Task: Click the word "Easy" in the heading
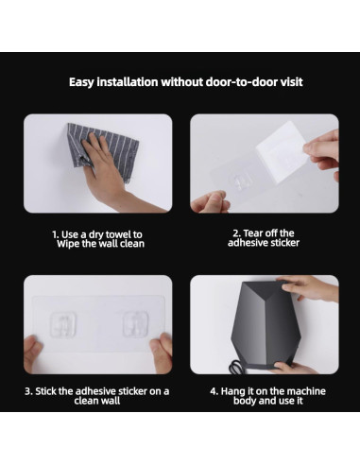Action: [81, 82]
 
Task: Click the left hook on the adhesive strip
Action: [63, 325]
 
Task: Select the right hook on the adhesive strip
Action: [135, 324]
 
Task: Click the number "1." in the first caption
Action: [56, 234]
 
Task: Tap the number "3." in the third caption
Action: [28, 391]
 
